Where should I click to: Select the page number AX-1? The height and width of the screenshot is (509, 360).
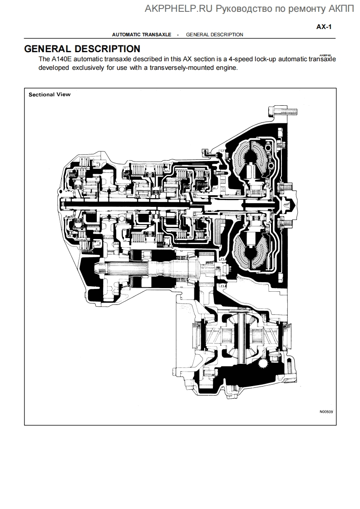pos(324,27)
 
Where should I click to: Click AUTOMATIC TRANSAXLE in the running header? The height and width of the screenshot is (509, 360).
pos(141,34)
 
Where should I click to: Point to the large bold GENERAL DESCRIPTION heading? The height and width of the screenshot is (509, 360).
pos(82,49)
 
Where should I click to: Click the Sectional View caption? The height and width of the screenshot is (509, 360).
pos(49,95)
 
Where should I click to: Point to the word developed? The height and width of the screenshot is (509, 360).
pos(54,68)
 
